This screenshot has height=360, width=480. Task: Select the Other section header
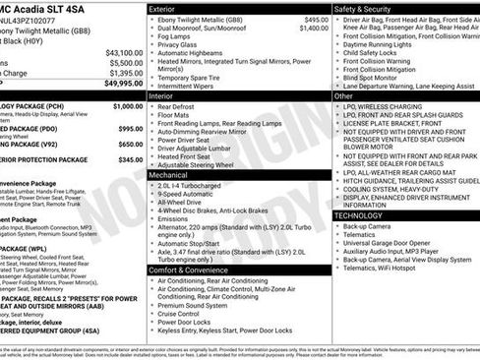[x=344, y=97]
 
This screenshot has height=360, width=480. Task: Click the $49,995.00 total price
[x=123, y=84]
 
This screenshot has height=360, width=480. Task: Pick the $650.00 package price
[x=130, y=144]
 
